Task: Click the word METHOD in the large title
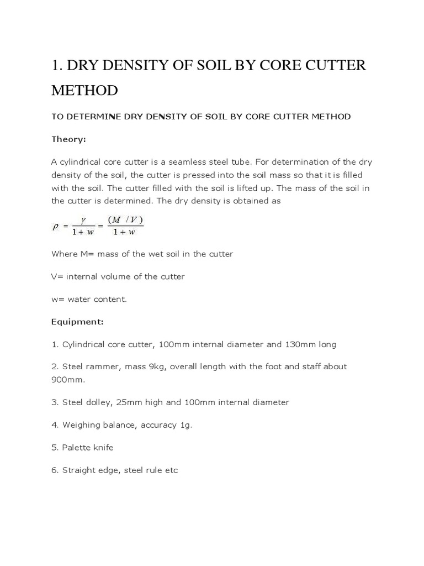click(84, 90)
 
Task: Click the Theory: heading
click(68, 139)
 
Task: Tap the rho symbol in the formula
click(55, 226)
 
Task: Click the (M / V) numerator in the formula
click(125, 220)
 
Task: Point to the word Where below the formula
click(65, 254)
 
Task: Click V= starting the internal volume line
click(57, 276)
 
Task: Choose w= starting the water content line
click(57, 299)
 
